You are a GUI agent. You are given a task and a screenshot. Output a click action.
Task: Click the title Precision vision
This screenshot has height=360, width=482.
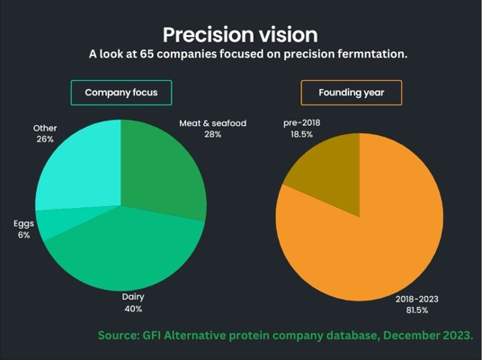[240, 34]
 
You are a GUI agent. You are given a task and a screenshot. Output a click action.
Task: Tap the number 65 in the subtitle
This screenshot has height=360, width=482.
[147, 54]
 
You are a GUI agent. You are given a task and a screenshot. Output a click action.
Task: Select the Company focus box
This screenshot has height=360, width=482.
[121, 93]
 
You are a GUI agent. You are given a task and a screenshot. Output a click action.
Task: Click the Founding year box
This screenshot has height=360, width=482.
[352, 93]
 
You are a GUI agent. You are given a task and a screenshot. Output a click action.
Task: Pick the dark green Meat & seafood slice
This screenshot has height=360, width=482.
[160, 172]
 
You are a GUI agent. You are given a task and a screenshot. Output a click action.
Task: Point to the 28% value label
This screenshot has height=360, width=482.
[213, 134]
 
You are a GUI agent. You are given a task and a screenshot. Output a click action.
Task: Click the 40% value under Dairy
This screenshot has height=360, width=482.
[133, 309]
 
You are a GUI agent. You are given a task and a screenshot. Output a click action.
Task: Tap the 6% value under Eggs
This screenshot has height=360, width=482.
[23, 235]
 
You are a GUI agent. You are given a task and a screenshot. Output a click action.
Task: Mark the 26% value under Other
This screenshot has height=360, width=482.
[45, 139]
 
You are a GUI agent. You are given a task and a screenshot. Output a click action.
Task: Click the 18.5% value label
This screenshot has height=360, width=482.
[301, 134]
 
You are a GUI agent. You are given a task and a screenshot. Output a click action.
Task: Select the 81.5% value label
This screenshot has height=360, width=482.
[417, 310]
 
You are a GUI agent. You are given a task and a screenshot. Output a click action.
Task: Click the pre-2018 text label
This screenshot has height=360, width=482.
[301, 123]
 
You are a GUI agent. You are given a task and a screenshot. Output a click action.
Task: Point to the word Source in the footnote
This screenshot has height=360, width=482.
[119, 335]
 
